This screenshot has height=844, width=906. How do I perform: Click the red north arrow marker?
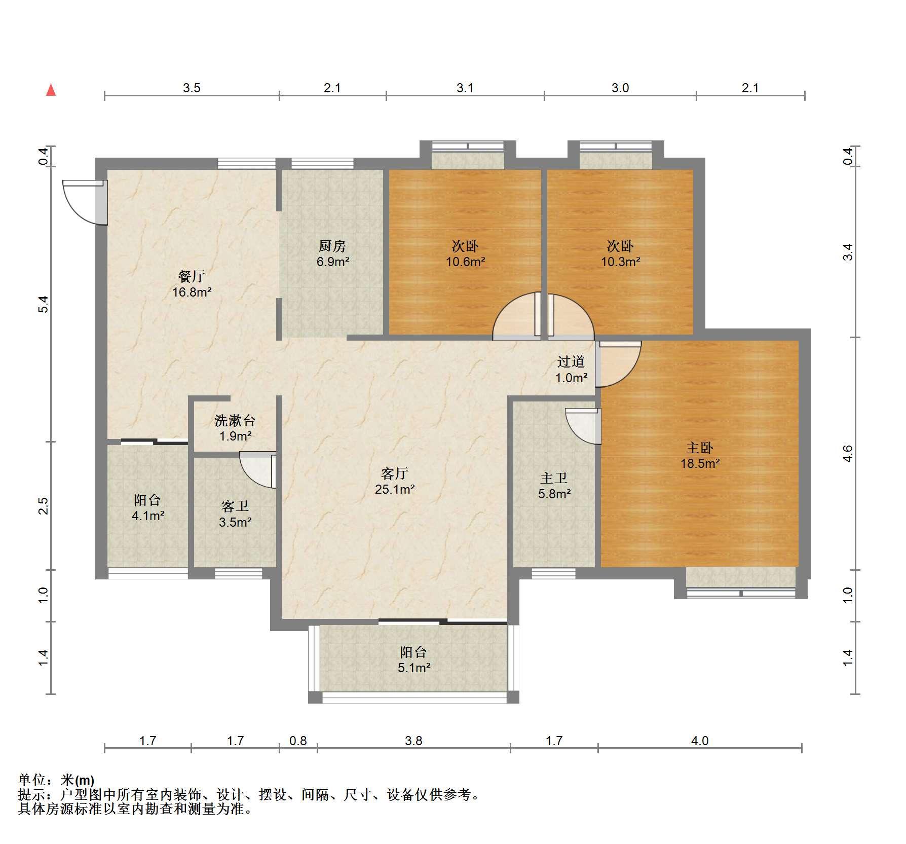click(x=51, y=90)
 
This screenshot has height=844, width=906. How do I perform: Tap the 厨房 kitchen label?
click(x=332, y=246)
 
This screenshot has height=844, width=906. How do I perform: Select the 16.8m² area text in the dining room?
click(x=192, y=292)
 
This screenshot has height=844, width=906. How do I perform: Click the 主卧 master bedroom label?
click(x=700, y=448)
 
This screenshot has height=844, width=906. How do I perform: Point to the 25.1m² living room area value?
click(x=395, y=490)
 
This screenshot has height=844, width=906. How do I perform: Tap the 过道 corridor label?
click(x=571, y=361)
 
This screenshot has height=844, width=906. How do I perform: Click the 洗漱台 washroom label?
click(x=235, y=420)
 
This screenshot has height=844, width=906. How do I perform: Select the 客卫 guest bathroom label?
click(x=235, y=506)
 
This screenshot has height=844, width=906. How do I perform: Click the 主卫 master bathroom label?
click(x=554, y=478)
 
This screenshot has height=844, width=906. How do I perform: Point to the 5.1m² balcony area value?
click(x=414, y=668)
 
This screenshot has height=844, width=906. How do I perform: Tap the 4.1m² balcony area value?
click(x=147, y=516)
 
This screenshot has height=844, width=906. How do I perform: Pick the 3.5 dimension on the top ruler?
click(x=192, y=88)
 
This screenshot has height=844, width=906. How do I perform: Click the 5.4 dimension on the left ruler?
click(x=44, y=304)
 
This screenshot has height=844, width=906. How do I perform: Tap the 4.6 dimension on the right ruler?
click(x=848, y=453)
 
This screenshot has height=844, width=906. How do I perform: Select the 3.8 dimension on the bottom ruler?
click(x=413, y=741)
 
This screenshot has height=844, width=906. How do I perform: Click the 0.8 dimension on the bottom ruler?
click(x=298, y=741)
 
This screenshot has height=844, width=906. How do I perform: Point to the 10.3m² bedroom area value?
click(x=621, y=262)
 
